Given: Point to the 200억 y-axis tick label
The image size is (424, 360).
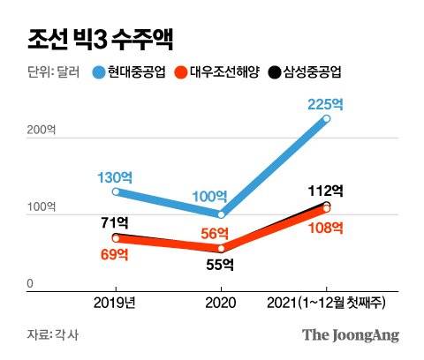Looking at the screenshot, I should (x=42, y=130).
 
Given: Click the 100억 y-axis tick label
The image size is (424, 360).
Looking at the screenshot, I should (x=42, y=206).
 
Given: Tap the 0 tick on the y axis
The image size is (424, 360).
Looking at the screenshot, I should (x=30, y=283).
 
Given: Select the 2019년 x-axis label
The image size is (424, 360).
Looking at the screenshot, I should (x=116, y=303).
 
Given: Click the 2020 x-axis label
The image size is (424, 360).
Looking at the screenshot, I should (x=221, y=303).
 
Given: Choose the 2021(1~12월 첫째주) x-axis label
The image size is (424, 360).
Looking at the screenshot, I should (x=329, y=303).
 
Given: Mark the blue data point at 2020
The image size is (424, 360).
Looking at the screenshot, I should (x=221, y=214).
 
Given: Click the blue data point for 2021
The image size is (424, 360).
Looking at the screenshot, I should (x=326, y=118).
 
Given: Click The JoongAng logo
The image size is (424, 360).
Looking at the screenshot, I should (x=351, y=334).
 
